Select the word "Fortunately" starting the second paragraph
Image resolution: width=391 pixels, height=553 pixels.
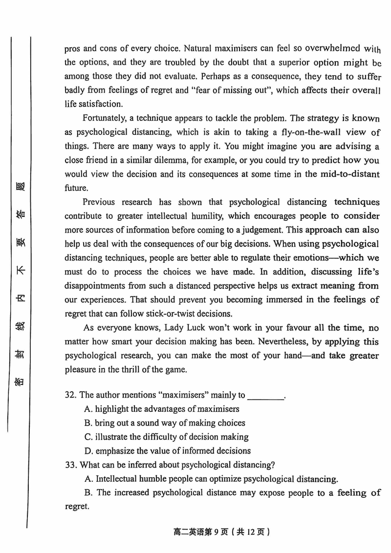coord(104,118)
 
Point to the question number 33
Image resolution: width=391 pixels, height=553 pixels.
coord(71,465)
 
